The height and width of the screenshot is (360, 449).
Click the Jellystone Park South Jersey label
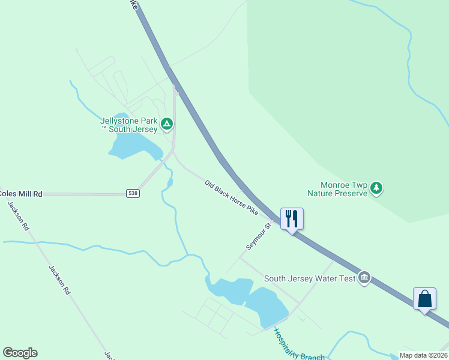129,125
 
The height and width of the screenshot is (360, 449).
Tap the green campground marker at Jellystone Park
167,125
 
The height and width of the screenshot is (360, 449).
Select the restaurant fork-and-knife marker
292,219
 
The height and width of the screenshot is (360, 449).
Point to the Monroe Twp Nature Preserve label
337,189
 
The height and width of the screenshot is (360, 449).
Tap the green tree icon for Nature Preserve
376,188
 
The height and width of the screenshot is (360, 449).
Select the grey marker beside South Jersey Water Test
364,278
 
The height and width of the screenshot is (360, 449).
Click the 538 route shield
133,193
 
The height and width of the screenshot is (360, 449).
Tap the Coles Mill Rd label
21,194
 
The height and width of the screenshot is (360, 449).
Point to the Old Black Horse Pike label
231,197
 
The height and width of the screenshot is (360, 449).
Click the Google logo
20,353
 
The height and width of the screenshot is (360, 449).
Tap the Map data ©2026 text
423,355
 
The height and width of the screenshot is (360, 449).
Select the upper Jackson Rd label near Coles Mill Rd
19,217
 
